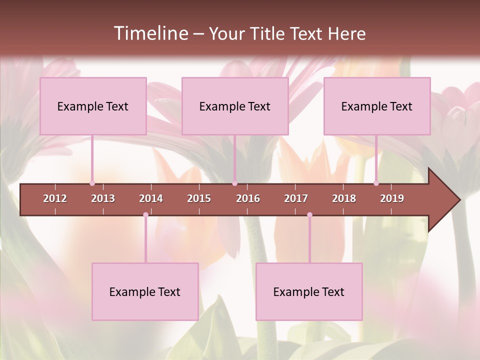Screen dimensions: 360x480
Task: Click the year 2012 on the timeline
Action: tap(55, 198)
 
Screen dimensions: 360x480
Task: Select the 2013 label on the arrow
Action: tap(103, 198)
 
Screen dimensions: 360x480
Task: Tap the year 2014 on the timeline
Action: tap(151, 198)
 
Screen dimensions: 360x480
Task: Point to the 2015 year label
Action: tap(199, 198)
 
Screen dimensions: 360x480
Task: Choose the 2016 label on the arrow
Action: tap(248, 198)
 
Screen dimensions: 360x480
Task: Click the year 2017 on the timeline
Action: tap(296, 198)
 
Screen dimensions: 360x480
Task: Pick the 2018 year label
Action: tap(344, 198)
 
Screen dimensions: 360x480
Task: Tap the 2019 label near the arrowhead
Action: tap(392, 198)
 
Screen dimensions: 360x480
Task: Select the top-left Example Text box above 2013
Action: tap(93, 106)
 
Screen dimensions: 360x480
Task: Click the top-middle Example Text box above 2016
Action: tap(235, 106)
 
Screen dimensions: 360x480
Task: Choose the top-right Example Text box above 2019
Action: tap(377, 106)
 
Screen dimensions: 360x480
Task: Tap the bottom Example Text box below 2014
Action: tap(145, 291)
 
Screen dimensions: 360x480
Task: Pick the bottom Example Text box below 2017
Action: tap(309, 291)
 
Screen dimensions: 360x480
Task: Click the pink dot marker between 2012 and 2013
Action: tap(92, 183)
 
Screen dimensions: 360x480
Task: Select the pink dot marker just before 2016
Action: tap(234, 183)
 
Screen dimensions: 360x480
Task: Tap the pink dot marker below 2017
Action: tap(309, 215)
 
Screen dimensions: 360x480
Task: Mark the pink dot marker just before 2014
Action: tap(145, 215)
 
